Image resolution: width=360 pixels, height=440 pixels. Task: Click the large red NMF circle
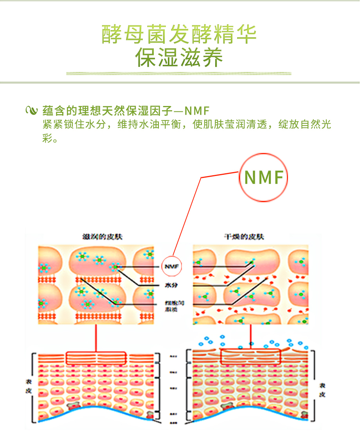pyautogui.click(x=263, y=177)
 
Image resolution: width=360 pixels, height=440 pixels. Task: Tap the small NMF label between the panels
pyautogui.click(x=171, y=266)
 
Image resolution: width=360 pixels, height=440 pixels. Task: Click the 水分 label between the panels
pyautogui.click(x=171, y=286)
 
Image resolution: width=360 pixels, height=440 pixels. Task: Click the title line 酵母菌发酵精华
pyautogui.click(x=179, y=34)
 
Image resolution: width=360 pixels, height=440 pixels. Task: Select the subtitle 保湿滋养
pyautogui.click(x=179, y=57)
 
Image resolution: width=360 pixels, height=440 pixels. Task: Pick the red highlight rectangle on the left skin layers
pyautogui.click(x=96, y=358)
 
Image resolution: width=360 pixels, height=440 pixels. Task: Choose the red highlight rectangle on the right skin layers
pyautogui.click(x=250, y=356)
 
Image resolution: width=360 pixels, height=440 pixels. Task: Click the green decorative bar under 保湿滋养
pyautogui.click(x=179, y=74)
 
